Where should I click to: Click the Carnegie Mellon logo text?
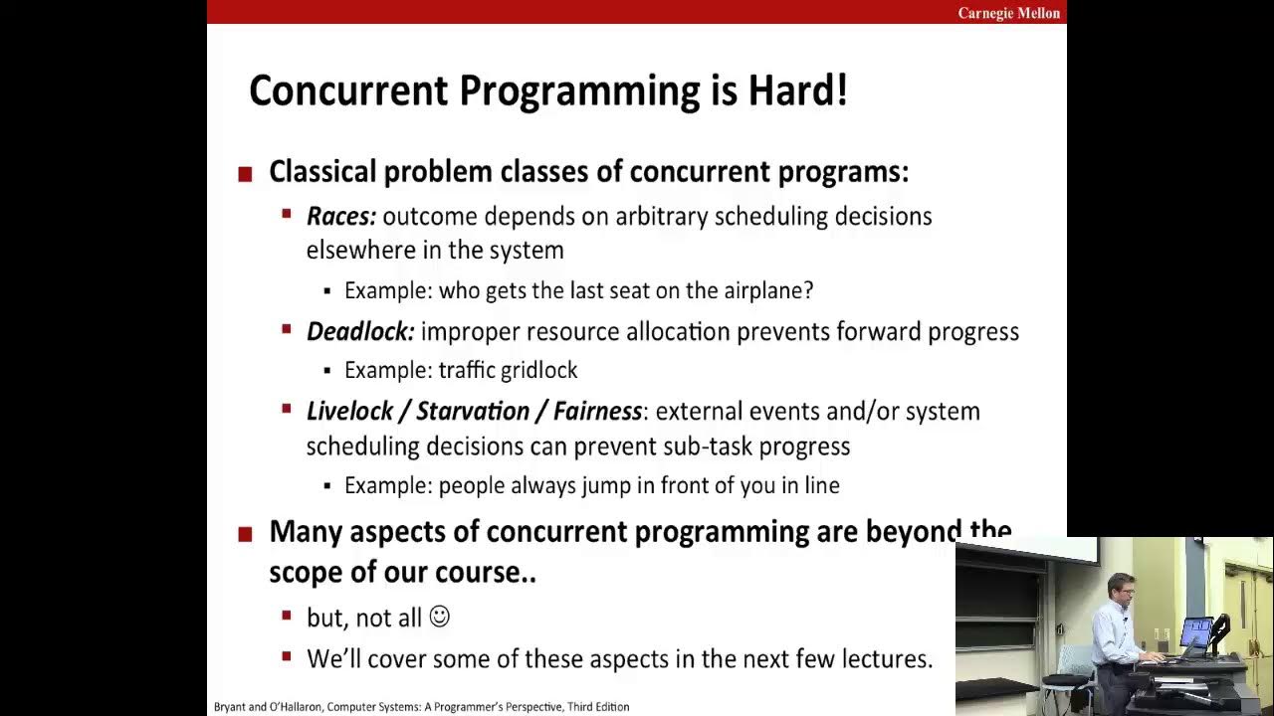pos(1008,13)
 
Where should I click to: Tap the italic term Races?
pos(341,216)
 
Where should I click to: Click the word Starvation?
pos(473,411)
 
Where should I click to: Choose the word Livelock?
pos(348,411)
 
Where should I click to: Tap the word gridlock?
pos(538,370)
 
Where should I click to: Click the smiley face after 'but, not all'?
pos(439,617)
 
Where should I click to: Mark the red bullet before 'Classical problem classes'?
pos(246,175)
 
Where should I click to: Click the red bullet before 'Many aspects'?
pos(246,535)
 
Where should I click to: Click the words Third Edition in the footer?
pos(598,707)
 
